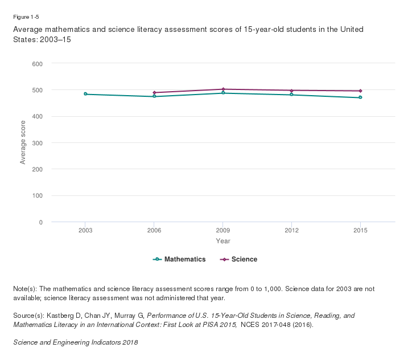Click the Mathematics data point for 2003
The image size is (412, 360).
[x=85, y=94]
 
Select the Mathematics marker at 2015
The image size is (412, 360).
[x=360, y=97]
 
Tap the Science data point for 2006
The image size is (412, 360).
[x=154, y=92]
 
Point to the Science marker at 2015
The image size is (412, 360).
[x=360, y=91]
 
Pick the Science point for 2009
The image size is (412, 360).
[x=223, y=89]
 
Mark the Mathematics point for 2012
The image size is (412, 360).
[x=291, y=95]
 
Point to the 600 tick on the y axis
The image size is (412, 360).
[x=37, y=64]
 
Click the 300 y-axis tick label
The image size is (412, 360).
[x=37, y=143]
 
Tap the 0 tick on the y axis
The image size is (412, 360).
[x=40, y=222]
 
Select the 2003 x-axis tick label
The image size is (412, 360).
[x=85, y=231]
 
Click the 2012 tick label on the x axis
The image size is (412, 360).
[x=291, y=231]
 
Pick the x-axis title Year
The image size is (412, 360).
[x=223, y=241]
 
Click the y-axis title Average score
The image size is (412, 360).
[x=23, y=142]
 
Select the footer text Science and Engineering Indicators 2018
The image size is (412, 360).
[x=75, y=342]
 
